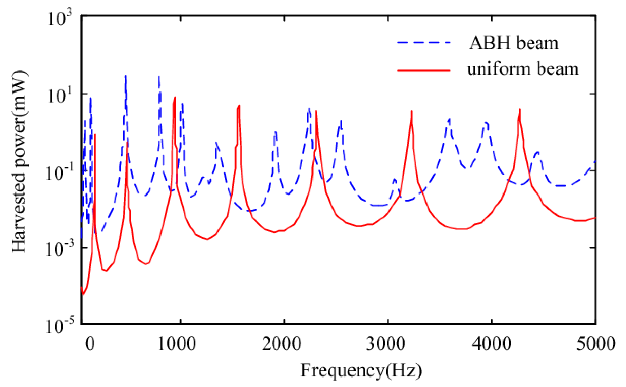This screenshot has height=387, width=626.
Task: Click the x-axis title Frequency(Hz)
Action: click(x=361, y=370)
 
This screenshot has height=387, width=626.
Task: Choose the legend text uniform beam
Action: click(x=523, y=69)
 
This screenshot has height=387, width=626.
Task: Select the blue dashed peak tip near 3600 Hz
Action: click(x=450, y=119)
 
